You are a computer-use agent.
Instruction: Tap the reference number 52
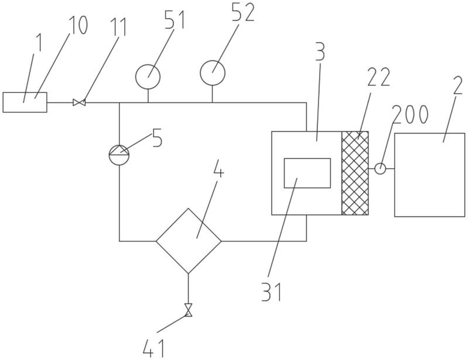243,12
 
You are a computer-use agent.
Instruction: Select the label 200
411,114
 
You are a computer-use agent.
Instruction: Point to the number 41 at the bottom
153,348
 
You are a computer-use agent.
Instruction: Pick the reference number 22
378,77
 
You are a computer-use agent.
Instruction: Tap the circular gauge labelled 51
148,77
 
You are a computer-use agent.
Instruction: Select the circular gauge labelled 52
212,73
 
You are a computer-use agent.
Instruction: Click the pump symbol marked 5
119,155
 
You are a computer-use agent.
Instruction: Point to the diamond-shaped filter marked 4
189,241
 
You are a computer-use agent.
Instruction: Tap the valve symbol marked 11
79,102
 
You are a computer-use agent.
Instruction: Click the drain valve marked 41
188,310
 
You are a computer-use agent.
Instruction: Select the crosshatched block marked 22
355,173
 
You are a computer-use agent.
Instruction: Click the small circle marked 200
380,169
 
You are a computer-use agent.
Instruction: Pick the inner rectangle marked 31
307,173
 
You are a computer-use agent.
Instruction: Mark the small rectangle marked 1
25,102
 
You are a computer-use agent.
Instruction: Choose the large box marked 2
429,175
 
